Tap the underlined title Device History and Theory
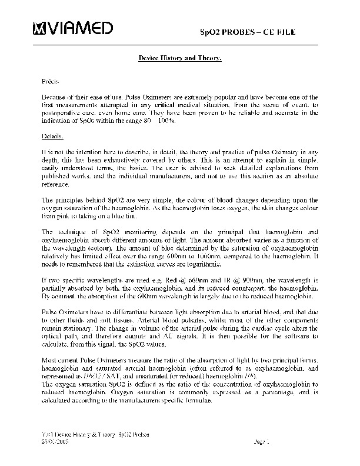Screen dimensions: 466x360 point(179,59)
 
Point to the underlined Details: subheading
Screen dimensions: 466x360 point(52,136)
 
